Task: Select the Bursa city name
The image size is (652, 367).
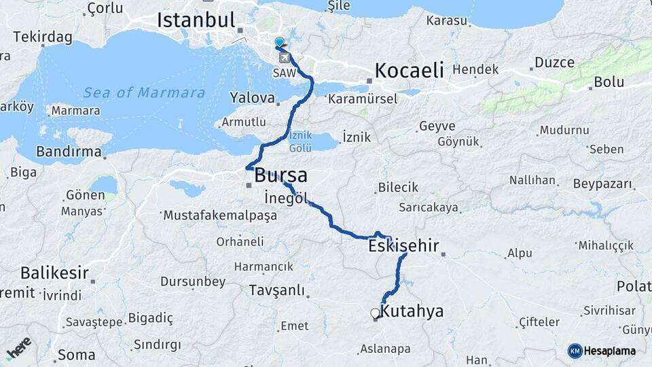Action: coord(280,175)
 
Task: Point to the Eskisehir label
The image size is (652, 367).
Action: coord(403,245)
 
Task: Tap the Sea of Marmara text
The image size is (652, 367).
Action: coord(144,92)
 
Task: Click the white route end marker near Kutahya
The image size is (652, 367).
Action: coord(375,313)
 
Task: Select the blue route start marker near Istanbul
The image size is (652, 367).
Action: coord(279,43)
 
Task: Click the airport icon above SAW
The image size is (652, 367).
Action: coord(284,57)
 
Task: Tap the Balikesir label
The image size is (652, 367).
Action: coord(54,273)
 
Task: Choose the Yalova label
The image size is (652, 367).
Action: coord(252,97)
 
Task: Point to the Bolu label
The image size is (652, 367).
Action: coord(609,82)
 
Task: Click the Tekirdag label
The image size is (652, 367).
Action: coord(42,37)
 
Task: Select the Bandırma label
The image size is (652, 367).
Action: coord(69,151)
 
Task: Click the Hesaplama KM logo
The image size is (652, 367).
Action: coord(602,351)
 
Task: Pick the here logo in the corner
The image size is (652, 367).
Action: coord(18,347)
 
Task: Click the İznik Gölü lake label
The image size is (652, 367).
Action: coord(300,141)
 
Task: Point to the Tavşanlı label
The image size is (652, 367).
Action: coord(276,290)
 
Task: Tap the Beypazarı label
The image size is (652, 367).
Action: coord(603,184)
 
